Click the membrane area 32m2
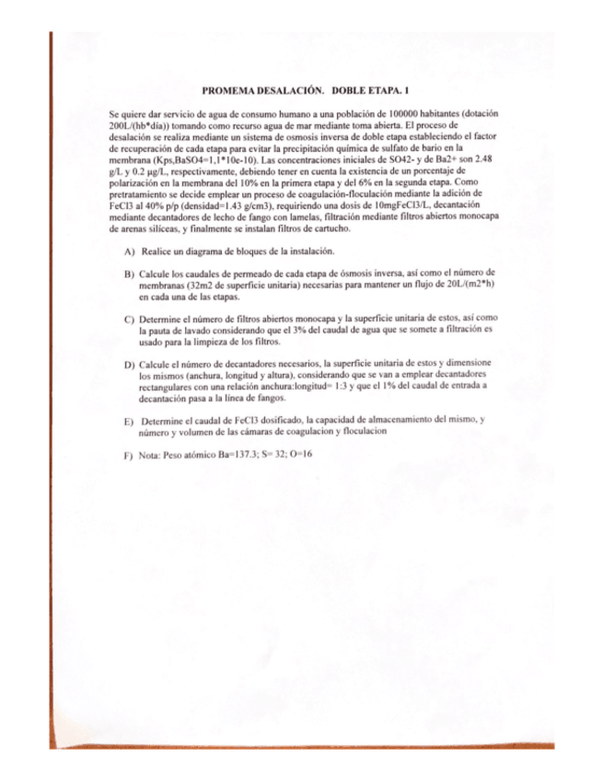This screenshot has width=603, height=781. [x=200, y=286]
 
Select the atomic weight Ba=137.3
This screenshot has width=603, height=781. [x=237, y=454]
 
